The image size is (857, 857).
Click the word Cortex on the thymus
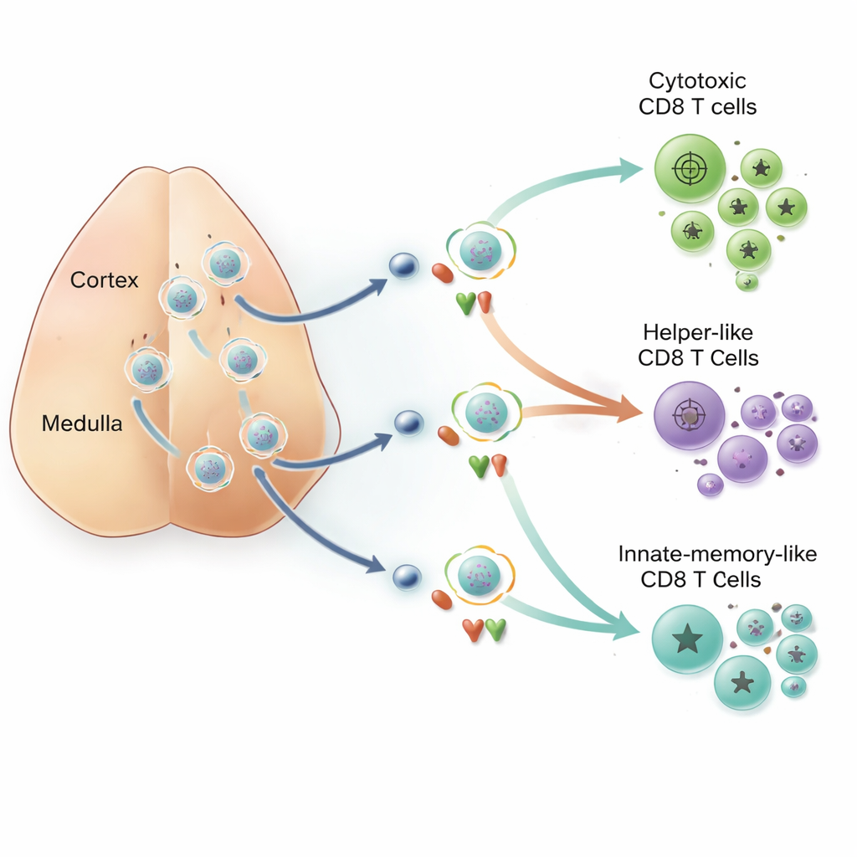click(x=105, y=280)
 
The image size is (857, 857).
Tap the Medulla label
click(x=82, y=423)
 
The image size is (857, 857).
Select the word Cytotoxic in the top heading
click(x=697, y=81)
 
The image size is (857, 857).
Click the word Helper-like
click(x=698, y=332)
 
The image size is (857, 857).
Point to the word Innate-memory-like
click(x=717, y=554)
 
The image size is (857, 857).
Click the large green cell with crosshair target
click(x=689, y=170)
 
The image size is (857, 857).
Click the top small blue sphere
click(x=403, y=266)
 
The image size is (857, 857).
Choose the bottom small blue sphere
click(x=406, y=575)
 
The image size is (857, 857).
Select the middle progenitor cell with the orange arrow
click(x=485, y=410)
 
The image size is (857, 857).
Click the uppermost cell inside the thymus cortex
click(x=223, y=263)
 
